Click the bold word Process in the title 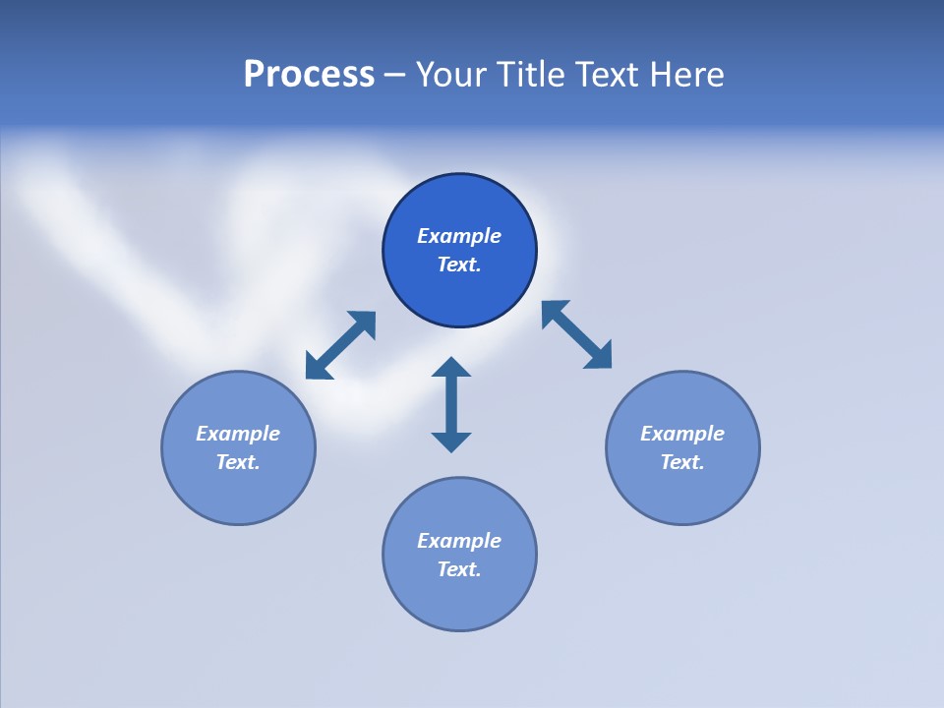[309, 75]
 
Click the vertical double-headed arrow [451, 404]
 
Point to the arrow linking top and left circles [340, 345]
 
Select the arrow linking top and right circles [577, 334]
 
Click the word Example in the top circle [459, 236]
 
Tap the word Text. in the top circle [459, 265]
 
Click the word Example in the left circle [238, 434]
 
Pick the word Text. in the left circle [238, 462]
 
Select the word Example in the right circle [682, 434]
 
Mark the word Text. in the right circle [682, 462]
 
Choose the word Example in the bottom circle [459, 541]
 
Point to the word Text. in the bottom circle [459, 569]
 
